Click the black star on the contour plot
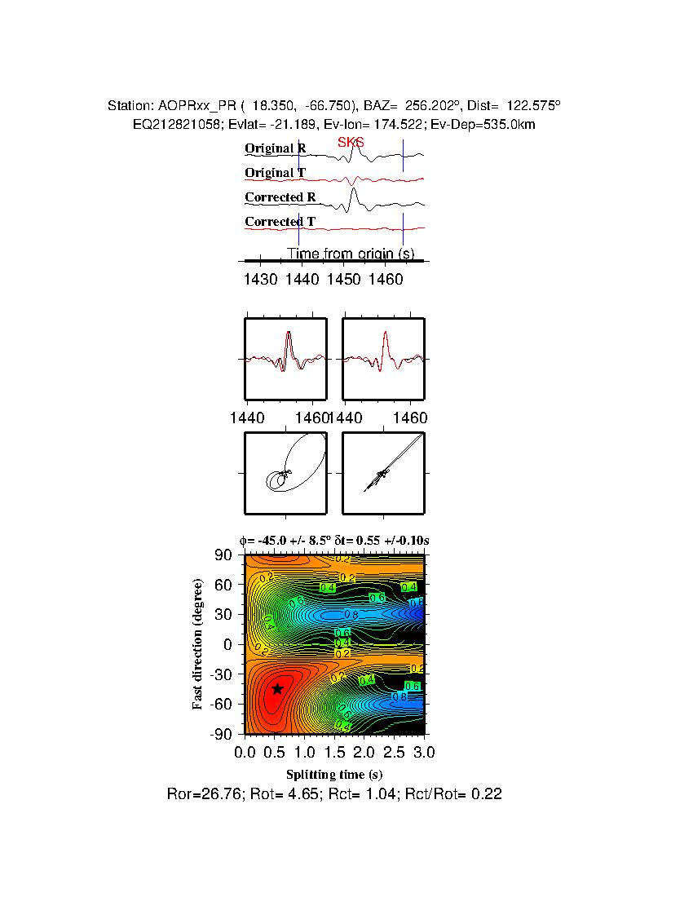click(278, 688)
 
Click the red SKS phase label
click(351, 143)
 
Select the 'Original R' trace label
click(276, 148)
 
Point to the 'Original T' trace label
click(276, 173)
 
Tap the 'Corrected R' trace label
click(280, 197)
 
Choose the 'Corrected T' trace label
click(280, 222)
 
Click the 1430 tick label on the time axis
click(259, 279)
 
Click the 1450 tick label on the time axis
click(343, 279)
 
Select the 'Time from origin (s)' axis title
click(351, 254)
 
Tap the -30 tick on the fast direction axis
click(222, 674)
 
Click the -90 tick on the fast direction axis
click(222, 735)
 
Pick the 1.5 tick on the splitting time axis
click(334, 751)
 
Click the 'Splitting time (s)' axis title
click(334, 775)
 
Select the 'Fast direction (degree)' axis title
click(198, 644)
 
